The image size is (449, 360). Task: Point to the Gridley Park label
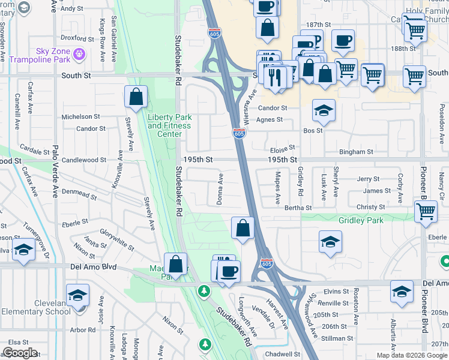pos(360,220)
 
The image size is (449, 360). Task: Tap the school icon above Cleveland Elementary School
pos(77,296)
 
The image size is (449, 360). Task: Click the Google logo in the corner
pos(19,353)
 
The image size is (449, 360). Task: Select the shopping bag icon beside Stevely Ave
pos(136,96)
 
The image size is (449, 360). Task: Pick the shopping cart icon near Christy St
pos(425,211)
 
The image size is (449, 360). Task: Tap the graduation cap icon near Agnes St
pos(324,111)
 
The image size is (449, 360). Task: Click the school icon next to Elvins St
pos(402,292)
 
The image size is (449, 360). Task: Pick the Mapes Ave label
pos(277,189)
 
